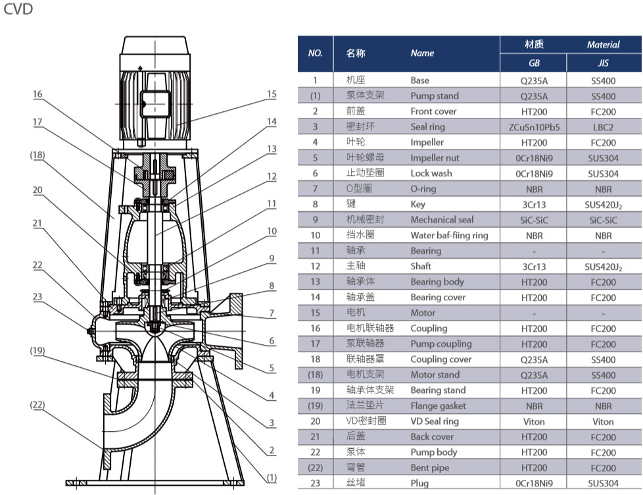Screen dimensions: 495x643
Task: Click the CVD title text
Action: (18, 10)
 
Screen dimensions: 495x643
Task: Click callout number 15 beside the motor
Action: (272, 94)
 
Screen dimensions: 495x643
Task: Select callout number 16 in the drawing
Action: (37, 94)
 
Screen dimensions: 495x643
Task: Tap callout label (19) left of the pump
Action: (37, 351)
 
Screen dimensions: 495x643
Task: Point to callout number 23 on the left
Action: (37, 297)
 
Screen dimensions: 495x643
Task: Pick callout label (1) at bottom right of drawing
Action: (271, 477)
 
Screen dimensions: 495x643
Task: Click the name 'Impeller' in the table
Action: (427, 142)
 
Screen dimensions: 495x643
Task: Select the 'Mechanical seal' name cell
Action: (442, 220)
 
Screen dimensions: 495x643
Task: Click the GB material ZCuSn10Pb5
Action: (533, 127)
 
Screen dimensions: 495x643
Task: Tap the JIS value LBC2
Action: (603, 127)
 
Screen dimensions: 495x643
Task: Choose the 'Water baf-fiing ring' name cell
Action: (449, 235)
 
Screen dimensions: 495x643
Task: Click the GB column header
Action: (533, 64)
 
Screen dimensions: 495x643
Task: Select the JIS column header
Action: (603, 64)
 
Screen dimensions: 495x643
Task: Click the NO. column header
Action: (315, 53)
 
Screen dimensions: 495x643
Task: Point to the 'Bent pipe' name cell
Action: (429, 468)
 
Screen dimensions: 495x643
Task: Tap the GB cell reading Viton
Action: (533, 421)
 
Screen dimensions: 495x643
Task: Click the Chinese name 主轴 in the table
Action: (356, 267)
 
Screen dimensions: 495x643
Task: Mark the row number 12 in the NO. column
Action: (315, 267)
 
